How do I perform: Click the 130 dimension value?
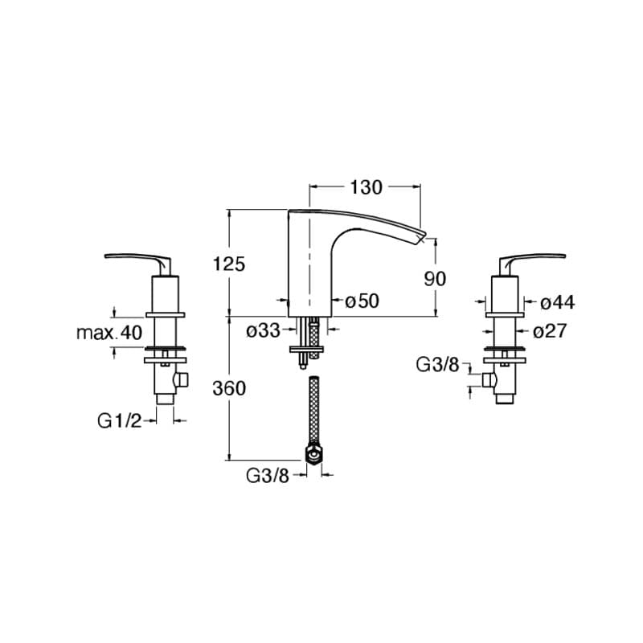coord(366,187)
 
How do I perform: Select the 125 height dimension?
coord(229,264)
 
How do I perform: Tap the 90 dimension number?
coord(435,279)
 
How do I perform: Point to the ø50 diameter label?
coord(362,301)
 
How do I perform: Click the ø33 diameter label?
coord(264,330)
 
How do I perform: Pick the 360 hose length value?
coord(229,388)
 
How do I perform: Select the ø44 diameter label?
coord(558,303)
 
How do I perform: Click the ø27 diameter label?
coord(550,330)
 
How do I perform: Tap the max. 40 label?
coord(109,333)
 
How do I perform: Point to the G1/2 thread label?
coord(119,420)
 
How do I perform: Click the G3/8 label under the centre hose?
coord(268,475)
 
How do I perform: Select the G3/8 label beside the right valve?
coord(437,365)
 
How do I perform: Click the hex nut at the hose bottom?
coord(314,455)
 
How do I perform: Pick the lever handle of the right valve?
coord(532,259)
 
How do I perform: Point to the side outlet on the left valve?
coord(181,379)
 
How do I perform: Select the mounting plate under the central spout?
coord(307,350)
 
